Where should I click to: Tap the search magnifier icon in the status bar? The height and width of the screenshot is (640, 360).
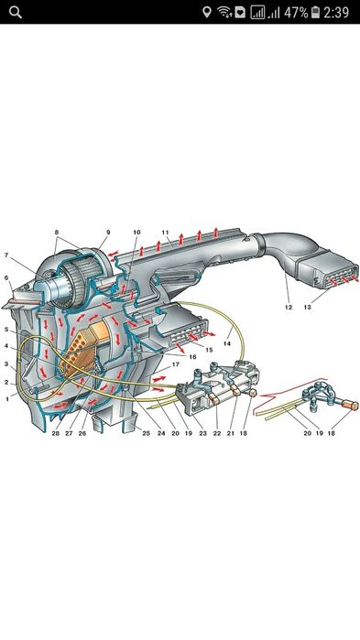pyautogui.click(x=16, y=12)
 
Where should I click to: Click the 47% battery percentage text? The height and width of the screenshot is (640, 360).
pyautogui.click(x=296, y=12)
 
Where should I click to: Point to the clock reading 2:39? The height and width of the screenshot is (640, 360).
pyautogui.click(x=336, y=12)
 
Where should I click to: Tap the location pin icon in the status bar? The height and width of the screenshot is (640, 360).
pyautogui.click(x=207, y=12)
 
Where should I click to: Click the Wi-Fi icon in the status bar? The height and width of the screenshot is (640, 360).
pyautogui.click(x=224, y=12)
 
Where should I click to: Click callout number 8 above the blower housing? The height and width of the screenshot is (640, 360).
pyautogui.click(x=56, y=233)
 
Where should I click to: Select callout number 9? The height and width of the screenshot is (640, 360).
pyautogui.click(x=108, y=233)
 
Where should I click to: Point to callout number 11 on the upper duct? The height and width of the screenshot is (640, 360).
pyautogui.click(x=165, y=233)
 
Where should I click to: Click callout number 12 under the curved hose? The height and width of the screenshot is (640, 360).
pyautogui.click(x=289, y=307)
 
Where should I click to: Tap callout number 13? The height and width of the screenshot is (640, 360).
pyautogui.click(x=307, y=307)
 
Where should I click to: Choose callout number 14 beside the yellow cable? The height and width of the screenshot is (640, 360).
pyautogui.click(x=227, y=343)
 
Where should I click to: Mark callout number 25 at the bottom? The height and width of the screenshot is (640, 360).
pyautogui.click(x=147, y=433)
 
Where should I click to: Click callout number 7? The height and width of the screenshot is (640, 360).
pyautogui.click(x=6, y=255)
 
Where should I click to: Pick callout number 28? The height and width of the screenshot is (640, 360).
pyautogui.click(x=56, y=433)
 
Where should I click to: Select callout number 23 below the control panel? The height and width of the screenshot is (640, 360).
pyautogui.click(x=202, y=433)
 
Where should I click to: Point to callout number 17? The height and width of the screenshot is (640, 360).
pyautogui.click(x=176, y=364)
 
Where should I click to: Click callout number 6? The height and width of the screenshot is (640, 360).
pyautogui.click(x=6, y=278)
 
